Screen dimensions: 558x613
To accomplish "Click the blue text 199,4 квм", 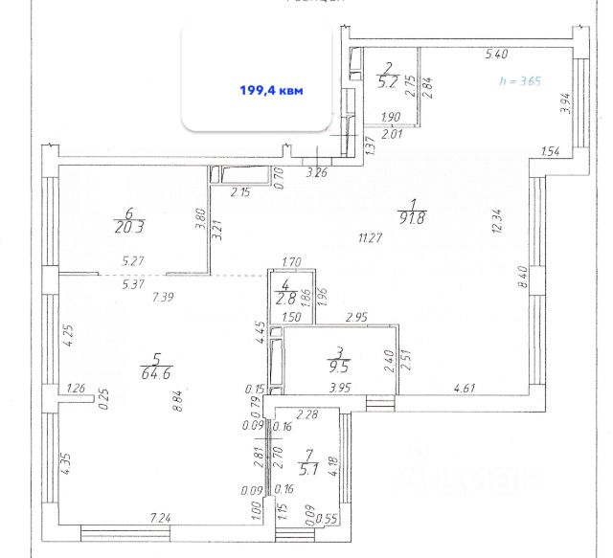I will coord(270,91).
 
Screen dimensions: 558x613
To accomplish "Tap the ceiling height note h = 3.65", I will coord(521,81).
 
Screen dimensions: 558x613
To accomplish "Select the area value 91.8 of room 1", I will coord(413,216).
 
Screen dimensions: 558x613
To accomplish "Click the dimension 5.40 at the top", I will coord(496,55).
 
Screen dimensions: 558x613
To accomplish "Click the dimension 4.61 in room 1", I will coord(465,389).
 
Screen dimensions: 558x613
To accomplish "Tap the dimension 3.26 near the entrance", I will coord(316,174).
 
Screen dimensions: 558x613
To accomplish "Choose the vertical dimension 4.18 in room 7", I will coord(332,468).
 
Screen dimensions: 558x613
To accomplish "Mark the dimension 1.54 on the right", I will coord(550,151).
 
